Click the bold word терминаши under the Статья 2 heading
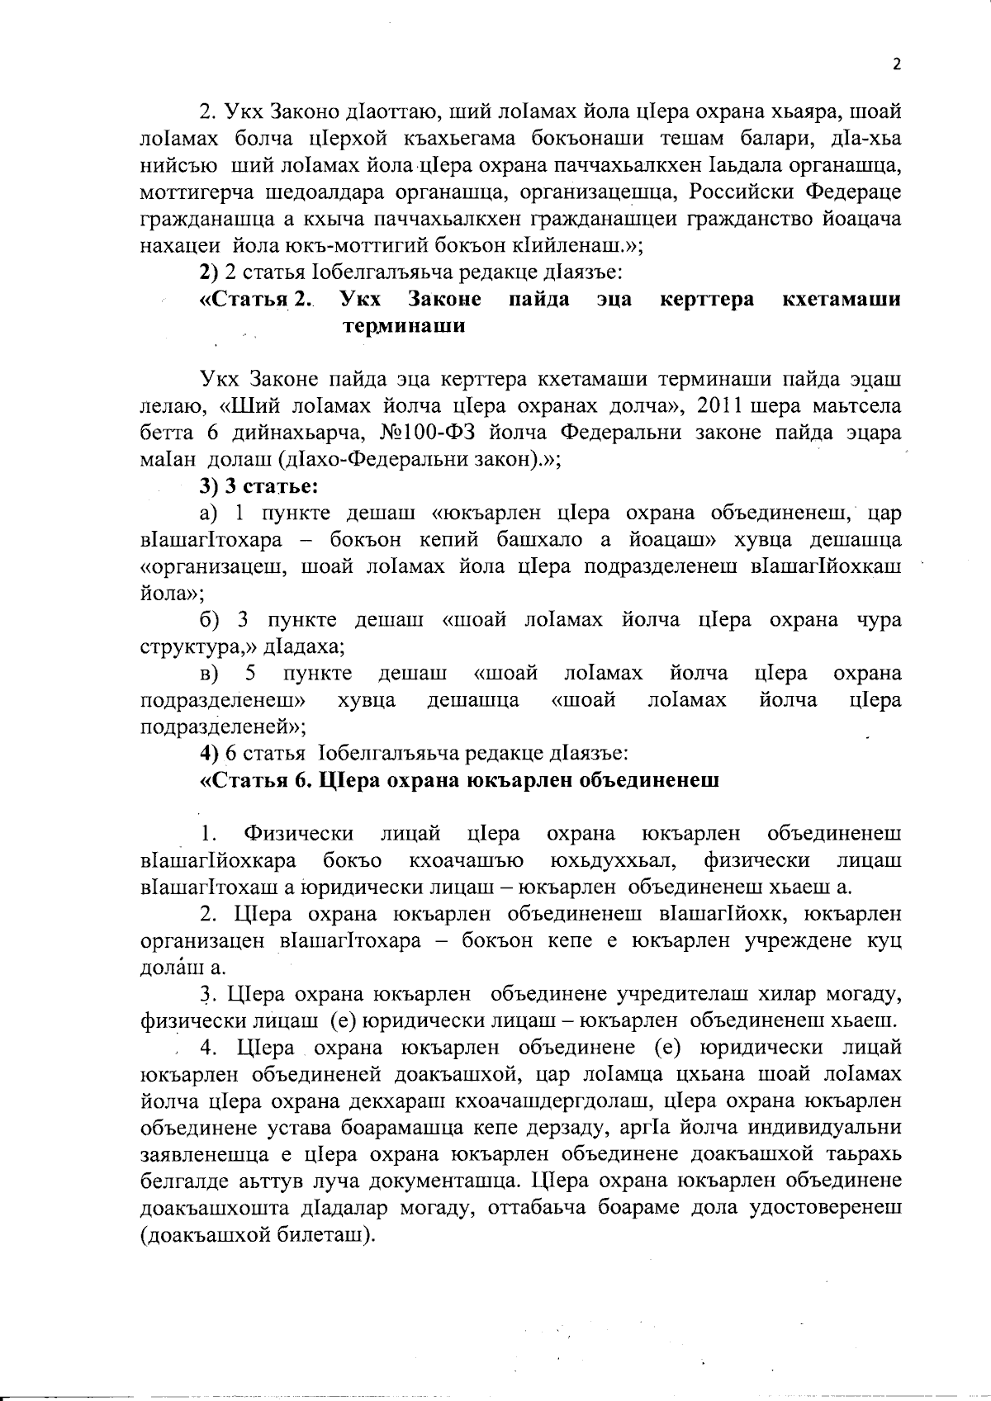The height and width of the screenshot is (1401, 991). click(x=403, y=325)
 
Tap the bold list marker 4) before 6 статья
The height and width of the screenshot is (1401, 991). click(x=209, y=753)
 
